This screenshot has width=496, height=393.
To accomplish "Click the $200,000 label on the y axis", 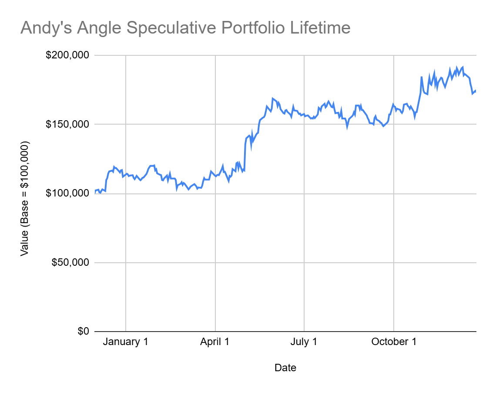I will coord(67,55).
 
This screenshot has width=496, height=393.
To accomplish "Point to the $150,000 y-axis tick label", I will coord(67,124).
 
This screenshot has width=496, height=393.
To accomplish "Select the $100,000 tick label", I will coord(67,193).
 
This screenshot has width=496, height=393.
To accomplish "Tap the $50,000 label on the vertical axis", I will coord(70,262).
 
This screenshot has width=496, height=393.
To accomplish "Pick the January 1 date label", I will coord(125,342).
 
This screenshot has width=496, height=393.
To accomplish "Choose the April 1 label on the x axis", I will coord(215,342).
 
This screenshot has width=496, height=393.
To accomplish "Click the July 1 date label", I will coord(304,342).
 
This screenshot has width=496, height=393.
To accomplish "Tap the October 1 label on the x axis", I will coord(394,342).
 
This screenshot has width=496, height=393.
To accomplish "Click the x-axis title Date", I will coord(285,368).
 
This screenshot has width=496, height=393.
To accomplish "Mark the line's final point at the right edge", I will coord(476,91).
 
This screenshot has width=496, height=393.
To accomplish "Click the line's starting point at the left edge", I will coord(95,192).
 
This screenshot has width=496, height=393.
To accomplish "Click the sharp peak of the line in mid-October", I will coord(422,77).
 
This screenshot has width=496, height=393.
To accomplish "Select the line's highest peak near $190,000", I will coord(462,67).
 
